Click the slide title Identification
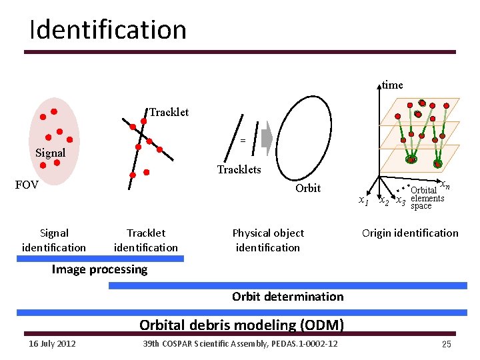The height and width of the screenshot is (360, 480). pyautogui.click(x=107, y=30)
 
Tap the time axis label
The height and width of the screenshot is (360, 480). pyautogui.click(x=392, y=85)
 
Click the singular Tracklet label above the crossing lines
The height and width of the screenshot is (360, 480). pyautogui.click(x=169, y=112)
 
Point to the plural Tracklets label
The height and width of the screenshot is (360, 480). pyautogui.click(x=239, y=169)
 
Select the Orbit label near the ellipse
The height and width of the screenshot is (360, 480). pyautogui.click(x=308, y=188)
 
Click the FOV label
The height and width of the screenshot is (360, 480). pyautogui.click(x=27, y=185)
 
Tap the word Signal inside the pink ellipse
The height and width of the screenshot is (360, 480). pyautogui.click(x=51, y=153)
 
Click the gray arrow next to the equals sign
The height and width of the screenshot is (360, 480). pyautogui.click(x=266, y=139)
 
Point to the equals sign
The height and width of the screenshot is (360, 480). pyautogui.click(x=243, y=141)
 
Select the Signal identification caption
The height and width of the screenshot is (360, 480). pyautogui.click(x=54, y=240)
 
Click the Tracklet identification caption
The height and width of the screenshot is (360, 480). pyautogui.click(x=146, y=240)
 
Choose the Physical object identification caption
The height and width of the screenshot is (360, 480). pyautogui.click(x=268, y=240)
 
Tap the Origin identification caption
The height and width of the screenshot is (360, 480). pyautogui.click(x=410, y=233)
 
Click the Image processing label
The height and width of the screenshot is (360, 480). pyautogui.click(x=99, y=269)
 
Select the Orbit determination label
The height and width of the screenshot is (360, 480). pyautogui.click(x=287, y=297)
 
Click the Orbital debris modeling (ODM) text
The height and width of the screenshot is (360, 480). pyautogui.click(x=241, y=325)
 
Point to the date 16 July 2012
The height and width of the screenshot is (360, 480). pyautogui.click(x=52, y=343)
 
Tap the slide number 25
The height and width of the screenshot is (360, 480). pyautogui.click(x=446, y=344)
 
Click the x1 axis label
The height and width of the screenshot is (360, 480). pyautogui.click(x=363, y=201)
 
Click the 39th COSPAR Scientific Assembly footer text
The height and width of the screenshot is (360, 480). pyautogui.click(x=240, y=343)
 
